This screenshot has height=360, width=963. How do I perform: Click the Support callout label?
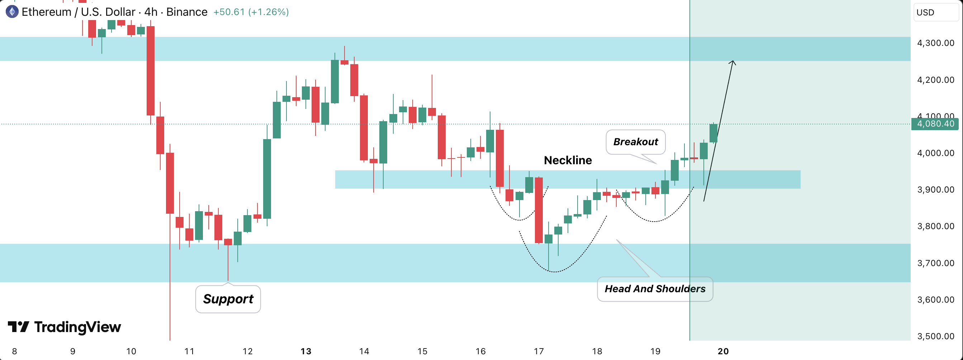pos(228,299)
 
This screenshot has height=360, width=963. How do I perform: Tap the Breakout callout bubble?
pos(636,142)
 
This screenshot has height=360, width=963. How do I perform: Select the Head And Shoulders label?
pos(655,289)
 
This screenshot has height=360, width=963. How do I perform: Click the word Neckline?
pos(568,160)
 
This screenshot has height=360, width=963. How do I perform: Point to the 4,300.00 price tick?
pos(935,43)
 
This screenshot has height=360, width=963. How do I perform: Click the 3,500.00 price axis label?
pos(935,336)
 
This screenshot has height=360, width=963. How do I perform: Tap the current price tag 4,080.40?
pos(935,124)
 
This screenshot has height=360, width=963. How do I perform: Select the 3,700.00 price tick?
pos(935,263)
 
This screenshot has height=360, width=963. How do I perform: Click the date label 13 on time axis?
pos(306,351)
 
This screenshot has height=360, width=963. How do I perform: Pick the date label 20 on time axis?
pos(723,351)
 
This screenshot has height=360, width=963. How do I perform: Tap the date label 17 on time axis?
pos(539,351)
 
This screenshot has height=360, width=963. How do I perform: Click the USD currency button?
pos(926,12)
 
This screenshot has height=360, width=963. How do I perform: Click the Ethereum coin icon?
pos(12,12)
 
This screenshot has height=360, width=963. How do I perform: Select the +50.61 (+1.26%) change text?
pos(251,12)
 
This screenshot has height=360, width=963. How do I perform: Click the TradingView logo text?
pos(77,327)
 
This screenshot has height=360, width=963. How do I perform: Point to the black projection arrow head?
pos(733,62)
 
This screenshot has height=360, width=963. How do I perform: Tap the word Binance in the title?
pos(186,12)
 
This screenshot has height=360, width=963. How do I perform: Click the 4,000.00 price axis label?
pos(935,153)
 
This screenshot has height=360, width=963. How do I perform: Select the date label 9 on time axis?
pos(72,351)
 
